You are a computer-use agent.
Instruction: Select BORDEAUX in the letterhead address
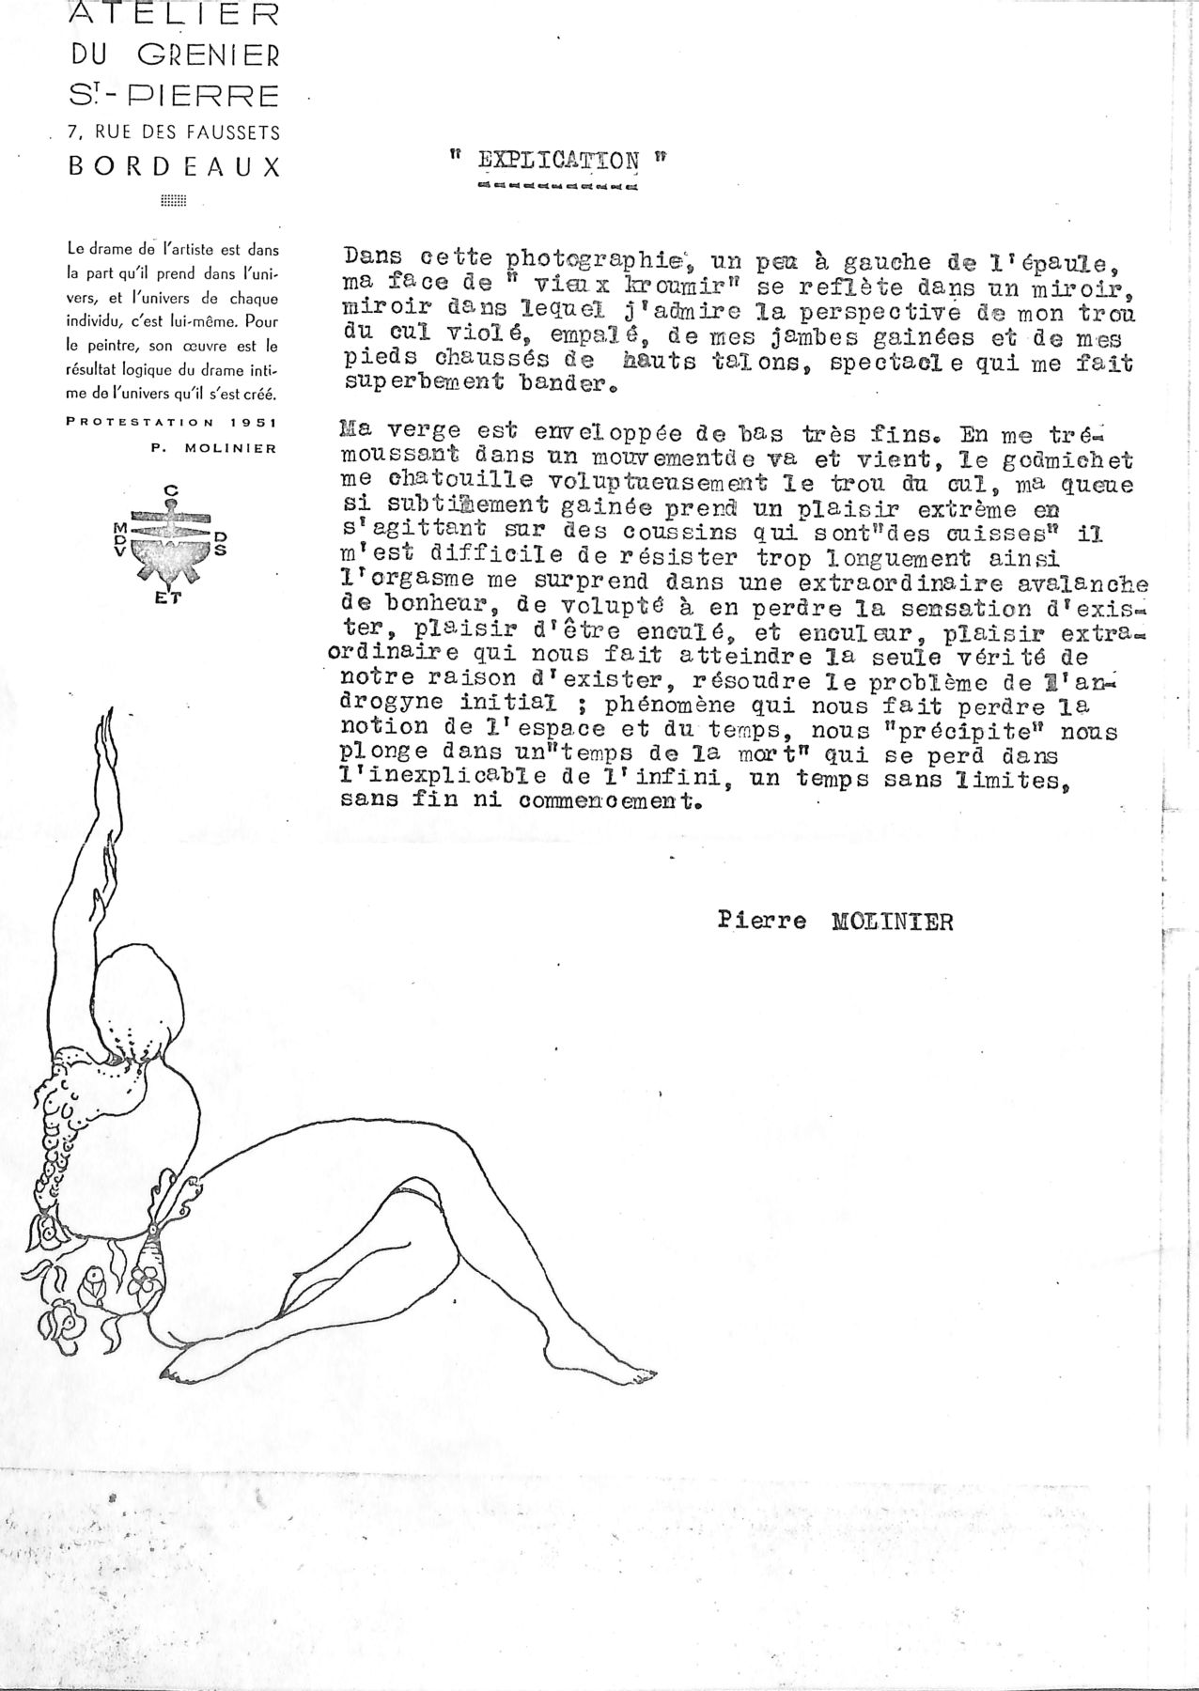174,168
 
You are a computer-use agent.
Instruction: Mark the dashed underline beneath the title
557,186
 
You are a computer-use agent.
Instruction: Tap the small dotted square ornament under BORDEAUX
174,200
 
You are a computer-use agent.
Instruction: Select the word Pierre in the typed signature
761,922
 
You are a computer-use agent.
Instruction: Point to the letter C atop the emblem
172,489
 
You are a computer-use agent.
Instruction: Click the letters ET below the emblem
173,604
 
